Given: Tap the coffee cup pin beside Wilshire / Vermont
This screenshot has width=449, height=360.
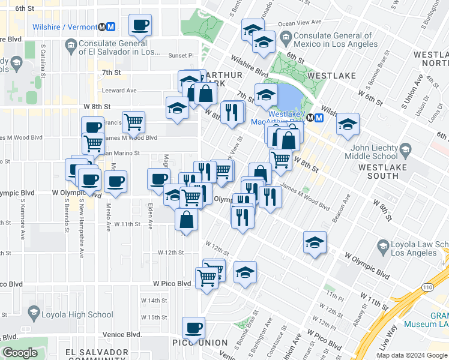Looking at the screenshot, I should pos(140,26).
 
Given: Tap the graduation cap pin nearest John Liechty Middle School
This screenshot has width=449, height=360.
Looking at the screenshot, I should pos(348,125).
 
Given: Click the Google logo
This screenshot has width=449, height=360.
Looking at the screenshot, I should pos(20,353).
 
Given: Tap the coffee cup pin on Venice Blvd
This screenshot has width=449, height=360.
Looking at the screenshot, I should pos(194,328).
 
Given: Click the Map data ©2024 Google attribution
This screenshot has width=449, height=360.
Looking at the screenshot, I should pos(411,355).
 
